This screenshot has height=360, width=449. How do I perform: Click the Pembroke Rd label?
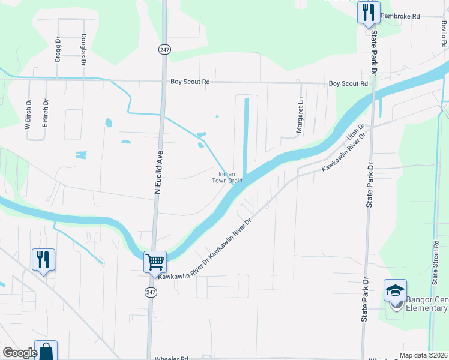(x=400, y=16)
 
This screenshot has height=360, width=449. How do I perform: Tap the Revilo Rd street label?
(x=444, y=35)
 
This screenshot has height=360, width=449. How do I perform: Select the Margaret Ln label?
(x=300, y=116)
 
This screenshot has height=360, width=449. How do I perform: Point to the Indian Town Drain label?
(x=227, y=177)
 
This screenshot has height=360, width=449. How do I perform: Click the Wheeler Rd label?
(x=172, y=357)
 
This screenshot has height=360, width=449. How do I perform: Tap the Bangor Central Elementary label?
(x=427, y=304)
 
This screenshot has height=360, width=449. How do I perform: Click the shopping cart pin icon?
(x=155, y=262)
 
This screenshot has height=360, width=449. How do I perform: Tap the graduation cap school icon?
(x=395, y=291)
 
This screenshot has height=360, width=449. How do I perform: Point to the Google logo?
(x=20, y=353)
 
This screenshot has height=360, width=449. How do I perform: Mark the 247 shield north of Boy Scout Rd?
(x=164, y=50)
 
